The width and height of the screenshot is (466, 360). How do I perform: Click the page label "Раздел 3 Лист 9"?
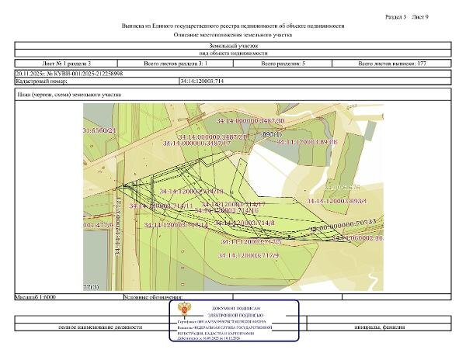coord(416,16)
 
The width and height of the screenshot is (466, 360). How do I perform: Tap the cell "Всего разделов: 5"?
coord(288,63)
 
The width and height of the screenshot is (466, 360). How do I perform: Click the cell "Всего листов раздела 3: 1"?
coord(175,63)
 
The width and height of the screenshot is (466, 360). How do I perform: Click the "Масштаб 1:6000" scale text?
coord(32,296)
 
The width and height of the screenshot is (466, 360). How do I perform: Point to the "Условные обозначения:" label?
coord(153,296)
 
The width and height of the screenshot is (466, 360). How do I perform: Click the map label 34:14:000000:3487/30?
coord(250,122)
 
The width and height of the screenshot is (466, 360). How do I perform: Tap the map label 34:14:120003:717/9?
coord(249,254)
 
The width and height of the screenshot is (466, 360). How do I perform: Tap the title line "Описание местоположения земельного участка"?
coord(233,36)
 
